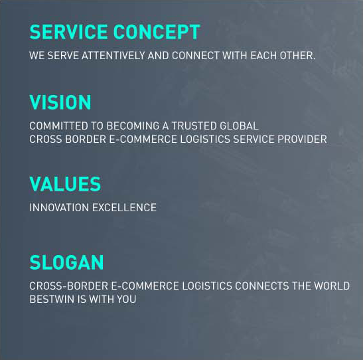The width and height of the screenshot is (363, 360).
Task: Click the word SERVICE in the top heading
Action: [x=69, y=32]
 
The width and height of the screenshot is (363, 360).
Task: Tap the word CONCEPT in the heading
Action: [x=157, y=32]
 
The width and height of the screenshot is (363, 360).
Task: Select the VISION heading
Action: [x=60, y=102]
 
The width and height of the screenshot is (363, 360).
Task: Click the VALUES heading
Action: [x=65, y=184]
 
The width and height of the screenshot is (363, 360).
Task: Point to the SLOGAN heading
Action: [x=66, y=262]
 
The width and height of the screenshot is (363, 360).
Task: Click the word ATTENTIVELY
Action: [x=113, y=56]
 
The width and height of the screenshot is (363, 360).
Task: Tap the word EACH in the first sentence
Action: [x=263, y=56]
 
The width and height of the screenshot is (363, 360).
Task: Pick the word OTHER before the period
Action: [x=296, y=56]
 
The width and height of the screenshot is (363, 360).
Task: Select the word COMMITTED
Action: [x=59, y=126]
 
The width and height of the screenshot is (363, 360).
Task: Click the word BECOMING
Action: [x=133, y=126]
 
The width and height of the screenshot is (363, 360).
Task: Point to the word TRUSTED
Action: [x=194, y=126]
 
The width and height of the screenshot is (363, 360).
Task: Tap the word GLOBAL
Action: [x=239, y=126]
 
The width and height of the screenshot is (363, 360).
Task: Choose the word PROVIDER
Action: [x=302, y=139]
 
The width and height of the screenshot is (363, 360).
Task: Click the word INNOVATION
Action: [x=59, y=208]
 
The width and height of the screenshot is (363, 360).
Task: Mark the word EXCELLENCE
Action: [x=125, y=208]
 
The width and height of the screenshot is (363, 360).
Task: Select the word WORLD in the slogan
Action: [x=332, y=286]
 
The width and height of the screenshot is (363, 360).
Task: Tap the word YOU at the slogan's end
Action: [x=126, y=300]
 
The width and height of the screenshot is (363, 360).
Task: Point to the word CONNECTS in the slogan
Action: [x=262, y=286]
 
